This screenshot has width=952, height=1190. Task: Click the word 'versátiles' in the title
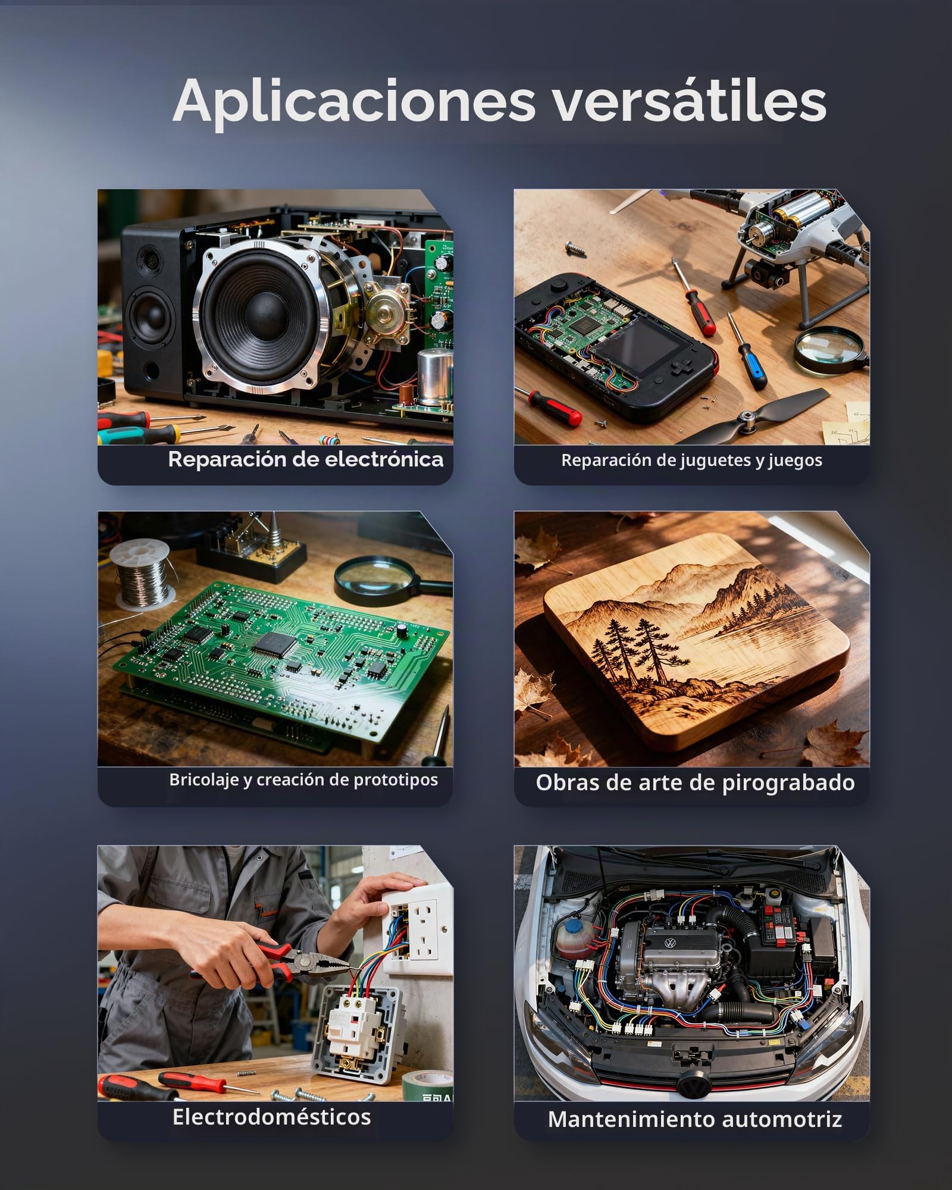tap(690, 101)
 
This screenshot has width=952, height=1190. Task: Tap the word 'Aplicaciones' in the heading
tap(355, 101)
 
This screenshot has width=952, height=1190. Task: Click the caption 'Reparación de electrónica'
tap(305, 459)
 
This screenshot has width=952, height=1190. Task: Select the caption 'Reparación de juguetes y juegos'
tap(691, 461)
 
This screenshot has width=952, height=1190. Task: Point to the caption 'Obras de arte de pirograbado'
tap(695, 783)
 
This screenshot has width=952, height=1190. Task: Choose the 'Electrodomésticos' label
tap(271, 1117)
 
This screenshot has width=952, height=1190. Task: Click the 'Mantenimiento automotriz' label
tap(695, 1119)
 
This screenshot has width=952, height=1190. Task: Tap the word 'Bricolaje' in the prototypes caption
tap(203, 780)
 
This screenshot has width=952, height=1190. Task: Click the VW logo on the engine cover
tap(670, 943)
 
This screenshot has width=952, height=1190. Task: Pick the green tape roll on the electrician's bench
tap(427, 1084)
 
